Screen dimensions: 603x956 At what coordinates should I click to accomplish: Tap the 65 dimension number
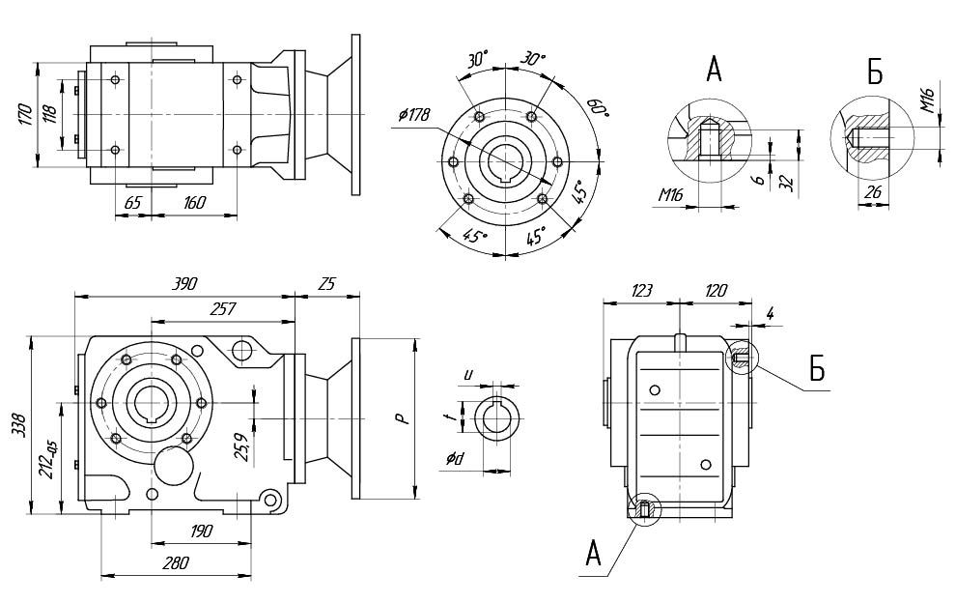click(x=133, y=203)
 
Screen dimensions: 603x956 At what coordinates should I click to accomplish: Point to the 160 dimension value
click(x=194, y=203)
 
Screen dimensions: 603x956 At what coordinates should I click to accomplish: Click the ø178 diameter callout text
click(x=412, y=116)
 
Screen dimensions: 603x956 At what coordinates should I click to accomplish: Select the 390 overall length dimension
click(x=183, y=284)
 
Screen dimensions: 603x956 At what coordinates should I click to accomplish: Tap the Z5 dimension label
click(x=325, y=284)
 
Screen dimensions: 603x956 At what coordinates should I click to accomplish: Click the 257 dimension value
click(x=223, y=307)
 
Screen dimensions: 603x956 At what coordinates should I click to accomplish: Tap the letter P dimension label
click(x=397, y=417)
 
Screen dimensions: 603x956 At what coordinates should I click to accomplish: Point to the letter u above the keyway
click(x=468, y=372)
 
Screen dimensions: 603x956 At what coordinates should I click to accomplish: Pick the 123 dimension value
click(x=640, y=290)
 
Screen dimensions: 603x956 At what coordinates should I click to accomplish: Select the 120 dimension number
click(x=716, y=290)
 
